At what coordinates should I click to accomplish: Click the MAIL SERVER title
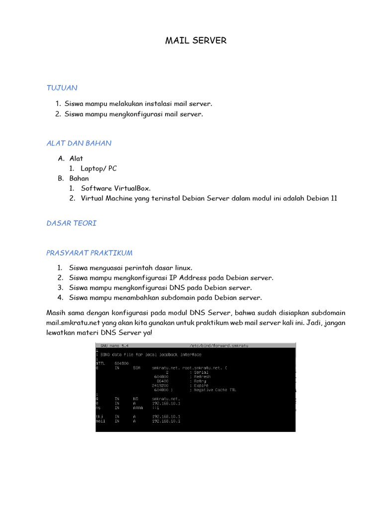click(195, 41)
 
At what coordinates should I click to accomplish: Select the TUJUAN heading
click(62, 88)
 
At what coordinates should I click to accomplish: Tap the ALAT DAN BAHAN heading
click(79, 143)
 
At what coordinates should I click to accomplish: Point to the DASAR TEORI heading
click(71, 223)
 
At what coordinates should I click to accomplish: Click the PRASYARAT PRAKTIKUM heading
click(89, 253)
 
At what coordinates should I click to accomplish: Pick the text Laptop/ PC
click(98, 169)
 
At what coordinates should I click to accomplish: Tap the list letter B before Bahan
click(60, 178)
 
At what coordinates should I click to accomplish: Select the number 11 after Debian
click(334, 198)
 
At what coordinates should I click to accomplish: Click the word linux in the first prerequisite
click(182, 268)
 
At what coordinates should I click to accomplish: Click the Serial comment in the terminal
click(199, 372)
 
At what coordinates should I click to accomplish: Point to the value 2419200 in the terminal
click(160, 385)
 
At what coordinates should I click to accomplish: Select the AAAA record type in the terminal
click(138, 407)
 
